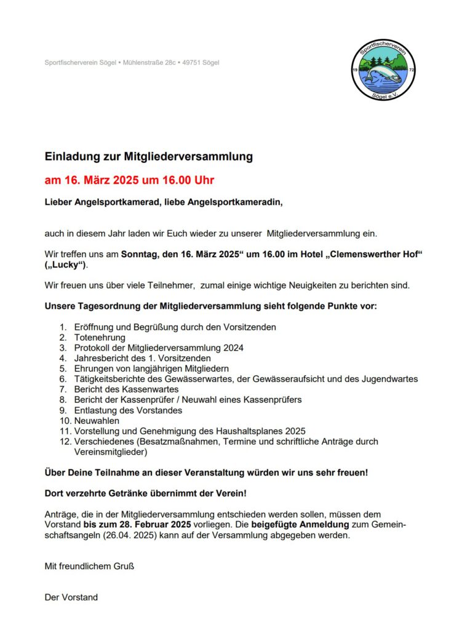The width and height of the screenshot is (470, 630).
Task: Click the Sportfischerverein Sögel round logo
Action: (x=380, y=70)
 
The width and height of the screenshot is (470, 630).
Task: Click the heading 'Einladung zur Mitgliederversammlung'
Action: (x=149, y=157)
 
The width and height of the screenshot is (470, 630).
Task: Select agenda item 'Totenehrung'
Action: (x=100, y=337)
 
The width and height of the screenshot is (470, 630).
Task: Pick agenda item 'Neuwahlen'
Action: (x=96, y=421)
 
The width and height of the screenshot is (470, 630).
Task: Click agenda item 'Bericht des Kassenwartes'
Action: (x=126, y=389)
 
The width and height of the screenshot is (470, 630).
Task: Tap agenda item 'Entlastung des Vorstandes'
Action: (x=128, y=410)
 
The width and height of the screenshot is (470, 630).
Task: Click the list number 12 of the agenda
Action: (x=65, y=442)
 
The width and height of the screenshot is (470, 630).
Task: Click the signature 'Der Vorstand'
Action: (x=71, y=597)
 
